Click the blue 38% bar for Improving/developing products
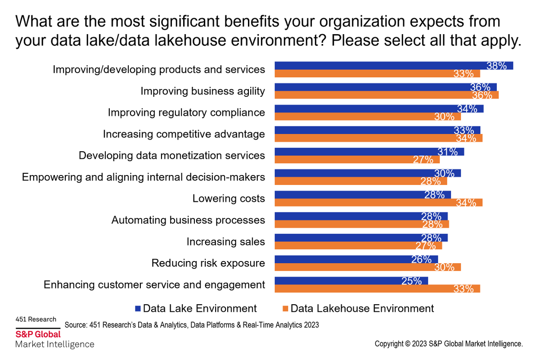[x=394, y=66]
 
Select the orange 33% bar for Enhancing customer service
[x=377, y=288]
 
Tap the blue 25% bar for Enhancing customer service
[x=351, y=281]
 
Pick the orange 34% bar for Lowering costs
[x=378, y=202]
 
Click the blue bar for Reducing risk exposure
[x=355, y=259]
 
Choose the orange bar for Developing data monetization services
[x=357, y=159]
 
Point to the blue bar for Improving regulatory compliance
[x=379, y=109]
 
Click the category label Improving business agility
[x=202, y=91]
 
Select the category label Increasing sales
[x=225, y=242]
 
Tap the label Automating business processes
[x=188, y=220]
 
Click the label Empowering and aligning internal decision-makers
[x=144, y=177]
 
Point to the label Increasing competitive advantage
[x=184, y=134]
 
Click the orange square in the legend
[x=285, y=309]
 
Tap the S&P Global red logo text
[x=38, y=334]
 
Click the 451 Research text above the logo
[x=36, y=319]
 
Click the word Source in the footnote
[x=76, y=325]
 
